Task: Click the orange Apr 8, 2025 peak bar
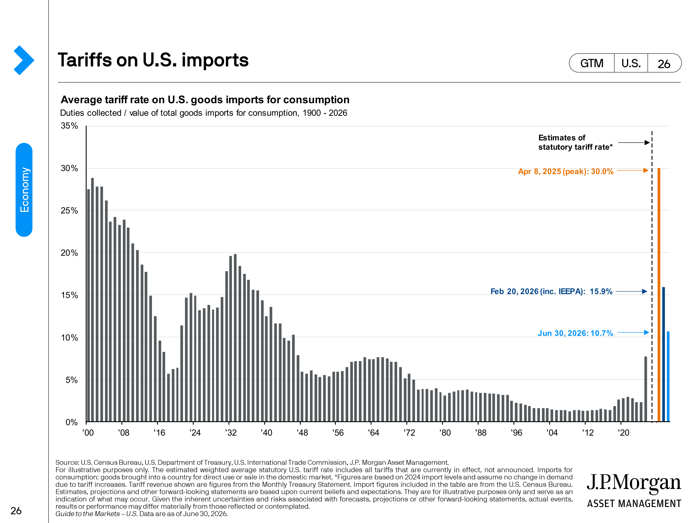coord(659,295)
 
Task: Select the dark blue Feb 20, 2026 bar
coord(664,354)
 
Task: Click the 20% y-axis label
coord(69,253)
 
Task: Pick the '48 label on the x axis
coord(302,433)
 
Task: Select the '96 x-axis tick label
coord(516,433)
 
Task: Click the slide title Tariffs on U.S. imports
coord(153,60)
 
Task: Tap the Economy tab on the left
coord(24,190)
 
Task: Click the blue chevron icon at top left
coord(24,60)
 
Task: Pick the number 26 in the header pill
coord(664,64)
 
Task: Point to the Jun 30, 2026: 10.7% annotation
coord(575,333)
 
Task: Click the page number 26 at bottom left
coord(16,511)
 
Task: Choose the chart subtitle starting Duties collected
coord(204,113)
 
